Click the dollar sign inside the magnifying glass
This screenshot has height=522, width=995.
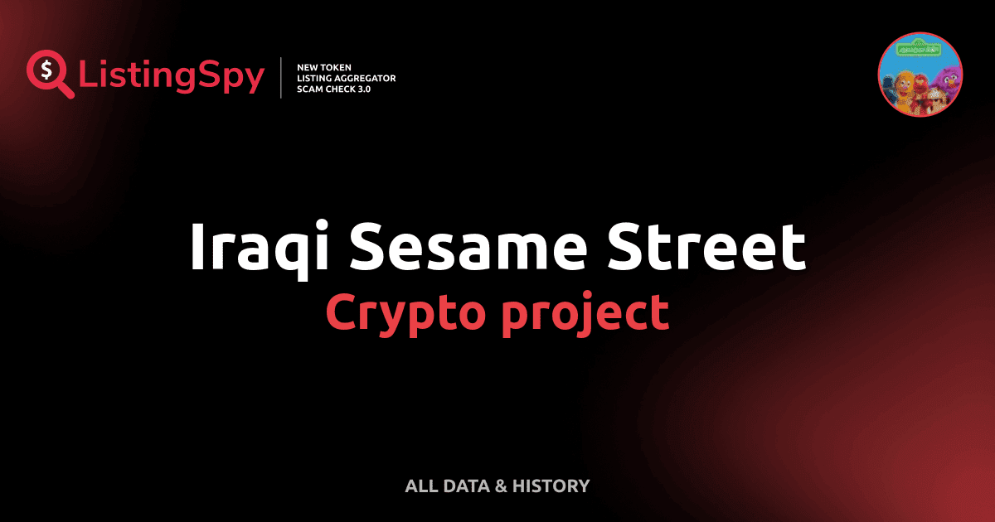[x=43, y=69]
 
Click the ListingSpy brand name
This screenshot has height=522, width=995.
[x=172, y=77]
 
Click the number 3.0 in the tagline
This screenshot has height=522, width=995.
[x=362, y=89]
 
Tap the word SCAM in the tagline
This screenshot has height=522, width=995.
[x=310, y=89]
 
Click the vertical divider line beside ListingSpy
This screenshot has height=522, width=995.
[x=282, y=78]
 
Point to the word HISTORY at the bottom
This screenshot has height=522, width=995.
[x=551, y=486]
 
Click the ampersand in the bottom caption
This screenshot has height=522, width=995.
[x=500, y=486]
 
